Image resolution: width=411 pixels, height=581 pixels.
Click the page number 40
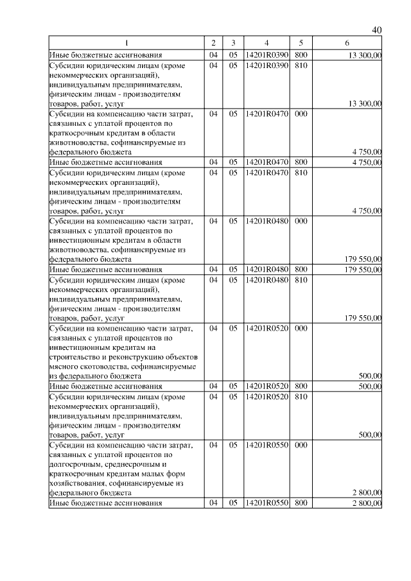376,30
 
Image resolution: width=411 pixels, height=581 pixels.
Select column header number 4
266,43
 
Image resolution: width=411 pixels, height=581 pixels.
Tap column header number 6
347,43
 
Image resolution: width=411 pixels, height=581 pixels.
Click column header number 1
127,43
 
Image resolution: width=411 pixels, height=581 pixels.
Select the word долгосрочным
71,464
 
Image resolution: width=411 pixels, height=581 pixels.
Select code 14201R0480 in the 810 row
266,281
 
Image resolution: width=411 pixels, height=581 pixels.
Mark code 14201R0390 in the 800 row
266,55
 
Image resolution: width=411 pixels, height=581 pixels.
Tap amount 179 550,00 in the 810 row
363,318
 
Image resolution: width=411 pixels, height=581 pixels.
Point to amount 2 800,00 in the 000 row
367,492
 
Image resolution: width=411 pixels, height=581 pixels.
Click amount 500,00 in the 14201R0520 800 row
370,386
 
